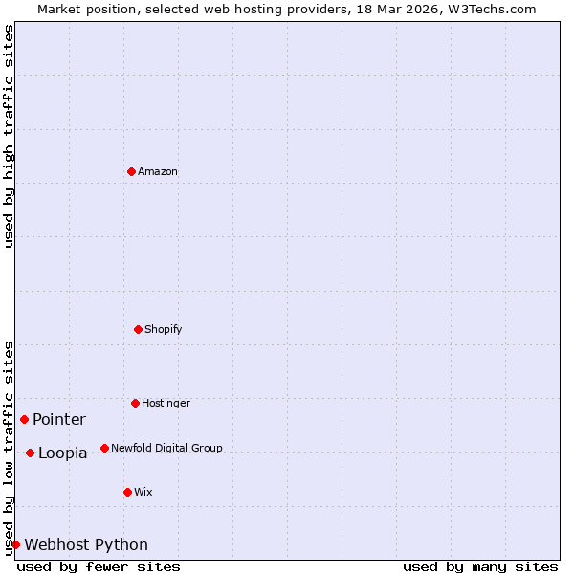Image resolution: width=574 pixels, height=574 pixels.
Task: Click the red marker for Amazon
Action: coord(131,171)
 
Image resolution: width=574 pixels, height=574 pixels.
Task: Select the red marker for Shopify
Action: coord(138,329)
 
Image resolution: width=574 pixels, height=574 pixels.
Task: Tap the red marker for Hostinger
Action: coord(135,403)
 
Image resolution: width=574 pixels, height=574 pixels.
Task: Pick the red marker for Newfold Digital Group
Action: coord(104,448)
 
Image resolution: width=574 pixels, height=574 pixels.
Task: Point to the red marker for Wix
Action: coord(127,492)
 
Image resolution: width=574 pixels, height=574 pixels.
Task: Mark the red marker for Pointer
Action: coord(24,419)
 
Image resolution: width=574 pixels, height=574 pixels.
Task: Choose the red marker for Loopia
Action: coord(30,453)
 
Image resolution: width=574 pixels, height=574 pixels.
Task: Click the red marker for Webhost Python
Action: coord(15,544)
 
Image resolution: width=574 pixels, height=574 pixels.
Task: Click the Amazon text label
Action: coord(158,172)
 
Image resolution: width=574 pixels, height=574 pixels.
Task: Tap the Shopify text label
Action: coord(164,330)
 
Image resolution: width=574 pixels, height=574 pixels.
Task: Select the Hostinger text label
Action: coord(166,404)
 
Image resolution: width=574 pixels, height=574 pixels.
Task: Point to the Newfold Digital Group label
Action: coord(166,448)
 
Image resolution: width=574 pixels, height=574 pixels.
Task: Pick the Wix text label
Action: coord(143,493)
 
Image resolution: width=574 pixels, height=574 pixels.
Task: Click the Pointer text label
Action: coord(59,420)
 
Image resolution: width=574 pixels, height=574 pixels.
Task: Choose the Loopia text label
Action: coord(63,453)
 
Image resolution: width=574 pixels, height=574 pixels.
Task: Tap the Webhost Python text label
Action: coord(86,545)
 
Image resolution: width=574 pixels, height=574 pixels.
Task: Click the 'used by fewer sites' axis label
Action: coord(99,566)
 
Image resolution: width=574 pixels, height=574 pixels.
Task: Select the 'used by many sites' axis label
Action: coord(480,566)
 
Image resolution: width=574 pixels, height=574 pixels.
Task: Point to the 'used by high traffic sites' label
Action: coord(10,136)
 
